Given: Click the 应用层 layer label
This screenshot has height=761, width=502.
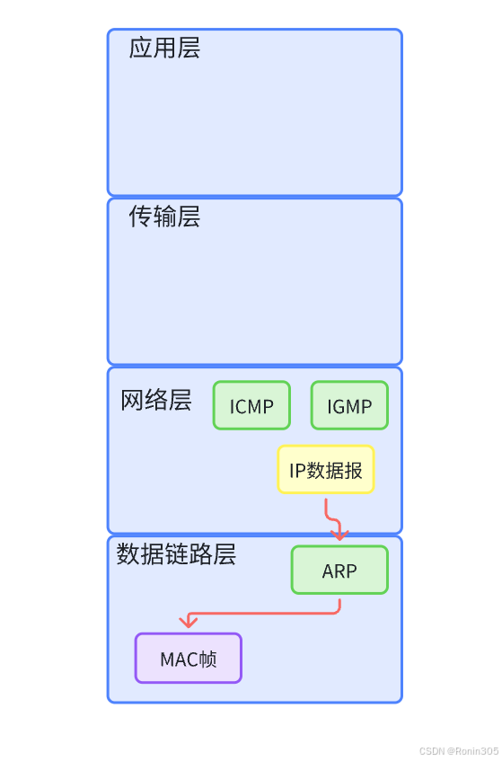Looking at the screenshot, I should (164, 49).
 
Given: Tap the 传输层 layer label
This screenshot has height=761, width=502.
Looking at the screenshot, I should (164, 217).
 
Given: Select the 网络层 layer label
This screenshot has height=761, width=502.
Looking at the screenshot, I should (156, 401).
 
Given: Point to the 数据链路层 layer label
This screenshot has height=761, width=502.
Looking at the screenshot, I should (176, 554).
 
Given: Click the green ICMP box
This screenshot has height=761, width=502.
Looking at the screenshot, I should (251, 406).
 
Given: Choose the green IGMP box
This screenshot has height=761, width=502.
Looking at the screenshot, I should (349, 406).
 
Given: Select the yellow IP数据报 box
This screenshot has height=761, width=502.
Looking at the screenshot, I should (325, 470).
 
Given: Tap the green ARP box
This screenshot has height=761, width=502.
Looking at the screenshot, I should (339, 571).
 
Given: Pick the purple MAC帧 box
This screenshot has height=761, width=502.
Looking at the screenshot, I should (189, 659).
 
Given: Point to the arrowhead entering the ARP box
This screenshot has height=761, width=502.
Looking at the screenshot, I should (339, 535).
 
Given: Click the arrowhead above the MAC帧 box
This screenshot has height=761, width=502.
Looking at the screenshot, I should (188, 622).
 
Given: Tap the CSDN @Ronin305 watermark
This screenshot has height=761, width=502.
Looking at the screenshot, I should (458, 751).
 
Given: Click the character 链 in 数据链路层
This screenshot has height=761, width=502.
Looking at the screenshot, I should (176, 554).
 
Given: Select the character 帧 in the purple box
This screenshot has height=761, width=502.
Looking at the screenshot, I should (207, 659).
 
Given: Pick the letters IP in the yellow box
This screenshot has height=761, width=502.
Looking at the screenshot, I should (297, 470).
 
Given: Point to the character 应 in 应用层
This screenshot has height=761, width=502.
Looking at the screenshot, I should (140, 49).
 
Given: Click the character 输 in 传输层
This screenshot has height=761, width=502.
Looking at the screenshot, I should (164, 217).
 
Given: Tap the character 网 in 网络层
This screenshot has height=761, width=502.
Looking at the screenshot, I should (132, 401).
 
